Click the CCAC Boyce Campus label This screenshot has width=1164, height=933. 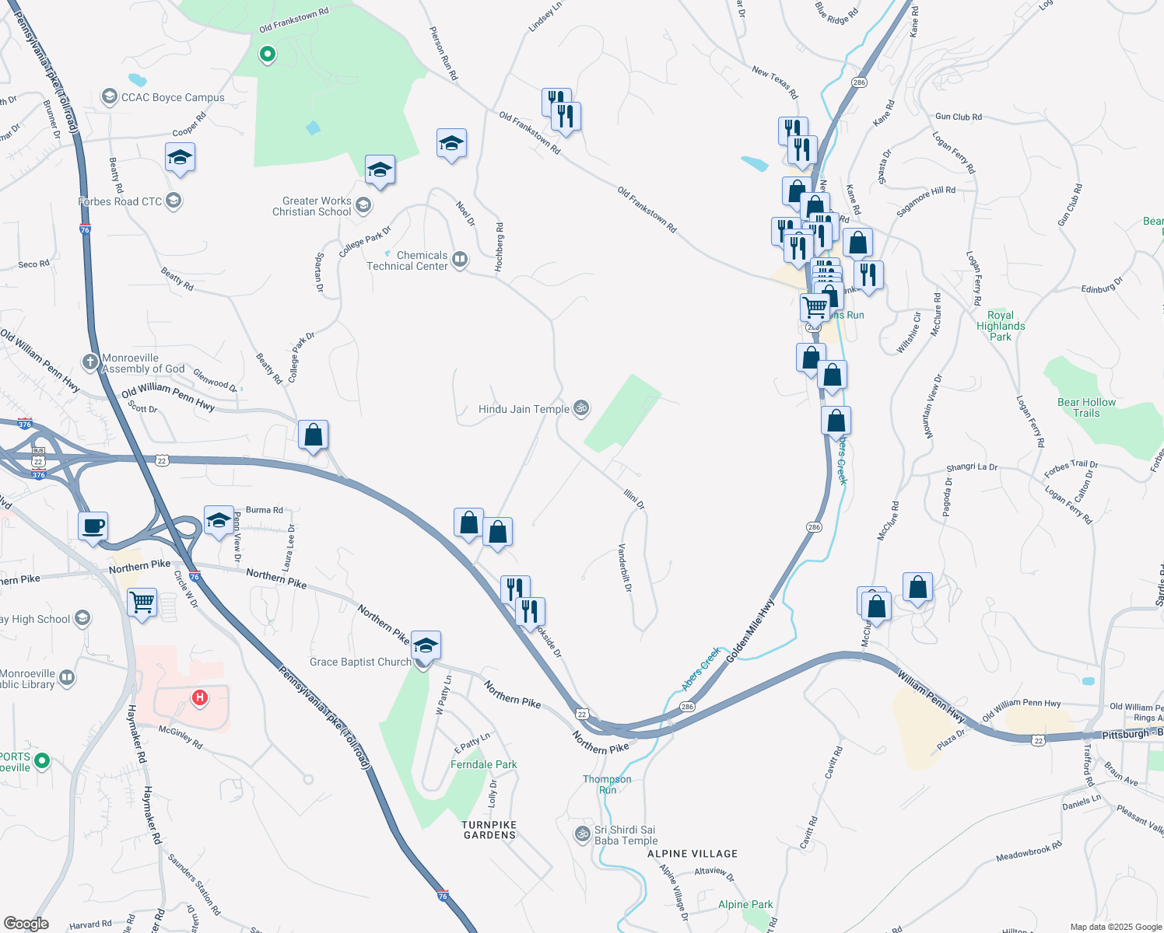click(x=172, y=97)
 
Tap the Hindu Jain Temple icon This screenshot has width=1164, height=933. click(x=581, y=407)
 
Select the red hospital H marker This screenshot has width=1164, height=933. click(x=199, y=697)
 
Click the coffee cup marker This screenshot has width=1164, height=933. click(x=93, y=526)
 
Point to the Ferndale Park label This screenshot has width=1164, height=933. click(x=483, y=764)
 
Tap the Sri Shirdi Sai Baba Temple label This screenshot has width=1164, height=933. click(x=626, y=835)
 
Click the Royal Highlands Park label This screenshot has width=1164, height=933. click(x=1001, y=326)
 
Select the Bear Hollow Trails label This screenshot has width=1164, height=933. click(x=1086, y=407)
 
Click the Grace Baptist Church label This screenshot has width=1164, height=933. click(x=360, y=662)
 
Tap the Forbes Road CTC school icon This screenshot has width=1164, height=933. click(x=174, y=201)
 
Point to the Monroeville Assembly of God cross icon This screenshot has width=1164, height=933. click(x=90, y=362)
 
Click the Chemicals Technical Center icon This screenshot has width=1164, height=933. click(x=460, y=260)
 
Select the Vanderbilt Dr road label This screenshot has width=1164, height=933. click(x=624, y=568)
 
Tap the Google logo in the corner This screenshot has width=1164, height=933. click(x=26, y=924)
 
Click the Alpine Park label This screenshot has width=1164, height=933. click(x=745, y=904)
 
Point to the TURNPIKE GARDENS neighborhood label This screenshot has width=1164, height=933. click(x=489, y=830)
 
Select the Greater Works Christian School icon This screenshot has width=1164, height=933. click(x=363, y=205)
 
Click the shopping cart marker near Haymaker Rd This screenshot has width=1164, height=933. click(x=142, y=602)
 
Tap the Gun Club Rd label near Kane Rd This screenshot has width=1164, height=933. click(x=958, y=117)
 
